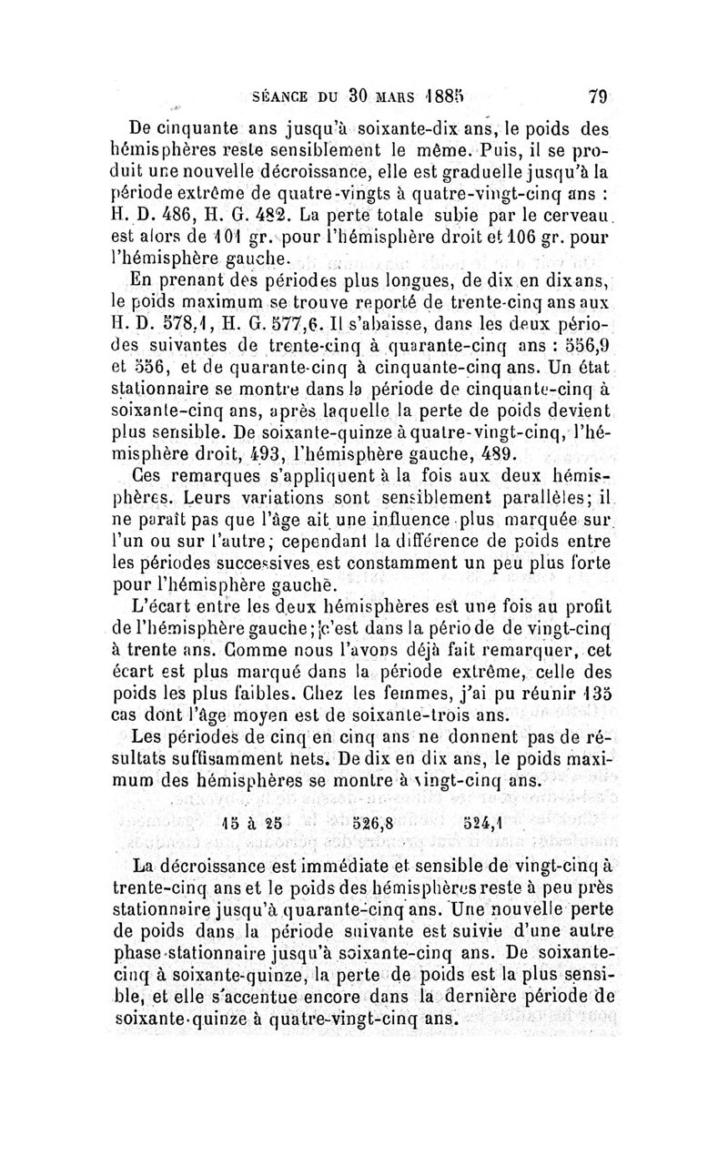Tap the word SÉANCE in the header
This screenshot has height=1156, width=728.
pyautogui.click(x=275, y=93)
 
